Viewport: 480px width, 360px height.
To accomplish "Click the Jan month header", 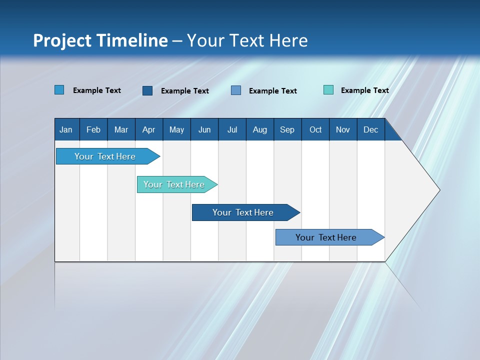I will (x=66, y=129).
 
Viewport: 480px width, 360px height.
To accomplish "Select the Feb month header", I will (x=93, y=129).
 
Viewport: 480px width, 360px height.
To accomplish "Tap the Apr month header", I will (x=148, y=129).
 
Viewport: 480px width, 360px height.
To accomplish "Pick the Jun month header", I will (x=204, y=129).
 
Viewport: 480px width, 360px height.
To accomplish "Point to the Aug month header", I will (x=259, y=129).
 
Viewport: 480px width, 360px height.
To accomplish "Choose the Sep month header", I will (x=287, y=129).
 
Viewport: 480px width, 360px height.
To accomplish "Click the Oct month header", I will (x=315, y=129).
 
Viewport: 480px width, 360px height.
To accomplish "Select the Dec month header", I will (x=370, y=129).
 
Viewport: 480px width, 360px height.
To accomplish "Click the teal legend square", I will (x=328, y=90).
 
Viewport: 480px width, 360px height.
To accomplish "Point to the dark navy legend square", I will (x=147, y=90).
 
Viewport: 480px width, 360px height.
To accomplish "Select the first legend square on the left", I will (x=59, y=90).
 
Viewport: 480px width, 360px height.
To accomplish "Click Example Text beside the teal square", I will (x=364, y=90).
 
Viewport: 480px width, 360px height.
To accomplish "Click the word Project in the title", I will (x=61, y=40).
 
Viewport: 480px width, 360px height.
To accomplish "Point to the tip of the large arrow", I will (x=438, y=190).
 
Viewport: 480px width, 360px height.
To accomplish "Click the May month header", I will (x=176, y=129).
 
